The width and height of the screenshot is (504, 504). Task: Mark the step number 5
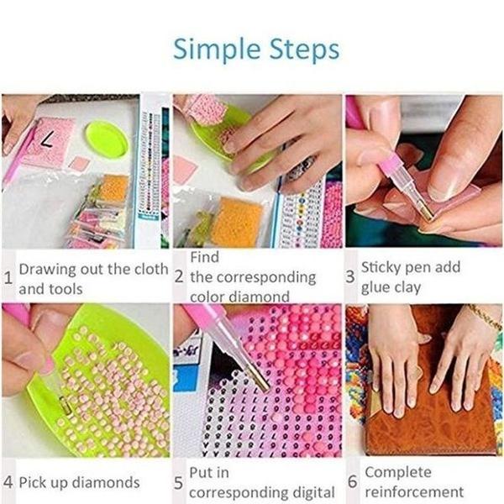click(x=178, y=483)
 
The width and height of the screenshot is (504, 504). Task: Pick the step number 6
click(x=351, y=482)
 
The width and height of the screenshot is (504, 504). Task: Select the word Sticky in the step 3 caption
click(x=383, y=267)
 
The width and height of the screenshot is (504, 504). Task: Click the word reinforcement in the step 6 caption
click(x=414, y=491)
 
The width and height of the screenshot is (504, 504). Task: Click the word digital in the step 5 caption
click(x=307, y=493)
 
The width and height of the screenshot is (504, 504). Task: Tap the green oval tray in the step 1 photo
click(x=106, y=139)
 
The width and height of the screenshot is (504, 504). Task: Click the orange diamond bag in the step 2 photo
click(x=237, y=223)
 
